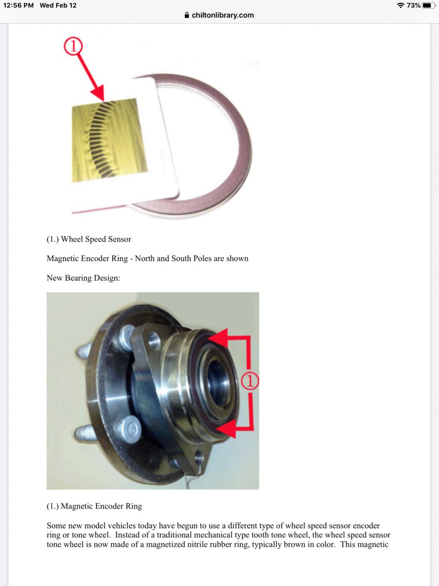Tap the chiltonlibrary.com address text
click(222, 15)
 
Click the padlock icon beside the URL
click(187, 15)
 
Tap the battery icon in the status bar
click(429, 5)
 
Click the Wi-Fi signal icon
click(400, 5)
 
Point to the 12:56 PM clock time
click(18, 5)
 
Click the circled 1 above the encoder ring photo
click(73, 46)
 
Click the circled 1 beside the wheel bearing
click(250, 381)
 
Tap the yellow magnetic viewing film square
click(110, 140)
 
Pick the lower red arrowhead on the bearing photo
click(227, 429)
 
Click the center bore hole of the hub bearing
click(218, 382)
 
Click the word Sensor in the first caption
click(119, 239)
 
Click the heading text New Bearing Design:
click(84, 278)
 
